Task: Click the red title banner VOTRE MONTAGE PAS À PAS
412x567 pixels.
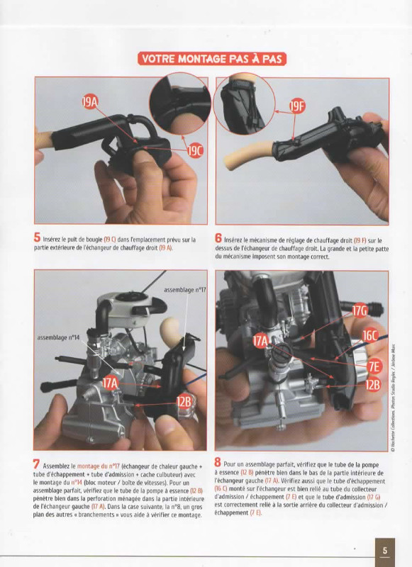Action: (211, 59)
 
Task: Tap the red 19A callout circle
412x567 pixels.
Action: (91, 102)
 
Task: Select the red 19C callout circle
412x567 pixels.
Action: (195, 151)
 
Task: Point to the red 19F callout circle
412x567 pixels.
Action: (296, 106)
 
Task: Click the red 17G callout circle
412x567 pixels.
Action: (360, 311)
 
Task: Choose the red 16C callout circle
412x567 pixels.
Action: (369, 336)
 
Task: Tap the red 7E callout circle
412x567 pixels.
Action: (374, 366)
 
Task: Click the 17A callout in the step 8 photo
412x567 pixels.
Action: (261, 341)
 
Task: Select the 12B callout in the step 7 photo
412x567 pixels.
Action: (184, 401)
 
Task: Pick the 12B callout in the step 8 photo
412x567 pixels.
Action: (372, 385)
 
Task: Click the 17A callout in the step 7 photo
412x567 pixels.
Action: (111, 383)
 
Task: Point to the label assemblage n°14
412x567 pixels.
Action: (58, 338)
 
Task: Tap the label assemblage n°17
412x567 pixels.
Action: (185, 290)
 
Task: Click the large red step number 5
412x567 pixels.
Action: (38, 237)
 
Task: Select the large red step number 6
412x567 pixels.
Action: (218, 238)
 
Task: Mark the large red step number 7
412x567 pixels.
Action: (36, 464)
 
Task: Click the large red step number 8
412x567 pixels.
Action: (218, 462)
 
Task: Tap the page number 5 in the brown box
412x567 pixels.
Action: (385, 551)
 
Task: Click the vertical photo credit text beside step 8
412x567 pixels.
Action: (393, 398)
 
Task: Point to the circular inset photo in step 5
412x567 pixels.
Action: (180, 103)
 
